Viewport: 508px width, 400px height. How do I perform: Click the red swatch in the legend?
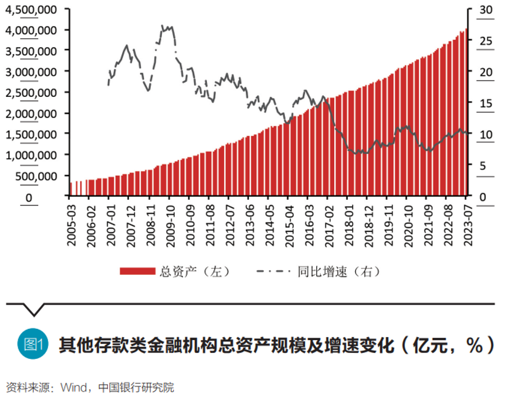[x=138, y=271]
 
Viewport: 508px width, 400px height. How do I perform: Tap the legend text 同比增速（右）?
[x=339, y=271]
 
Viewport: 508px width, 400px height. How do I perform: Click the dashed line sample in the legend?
[x=274, y=271]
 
